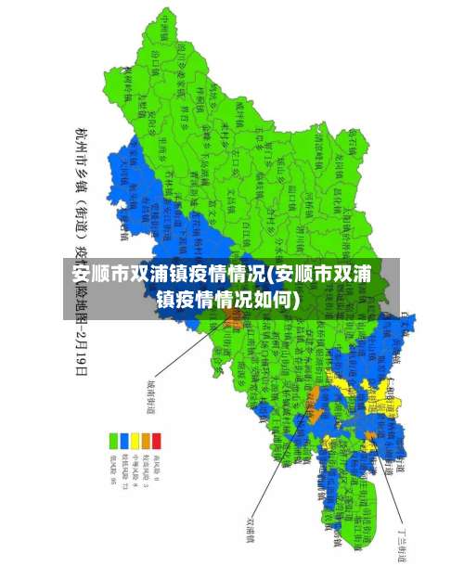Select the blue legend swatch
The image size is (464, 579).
[x=124, y=440]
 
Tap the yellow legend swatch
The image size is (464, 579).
[x=135, y=440]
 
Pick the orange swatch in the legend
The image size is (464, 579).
[x=146, y=440]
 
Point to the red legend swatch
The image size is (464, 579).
[x=157, y=440]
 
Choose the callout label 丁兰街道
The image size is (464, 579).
[x=402, y=537]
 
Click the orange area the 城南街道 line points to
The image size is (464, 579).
[x=231, y=317]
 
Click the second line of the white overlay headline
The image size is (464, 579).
[x=227, y=299]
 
